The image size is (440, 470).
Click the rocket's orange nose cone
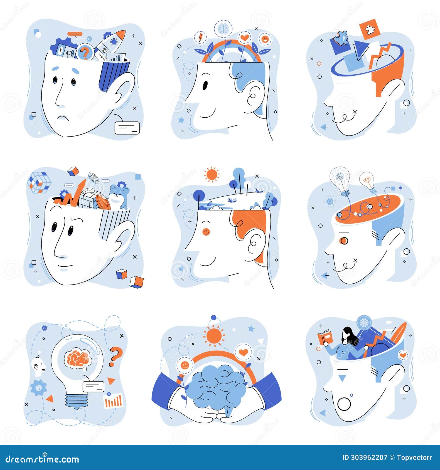click(121, 35)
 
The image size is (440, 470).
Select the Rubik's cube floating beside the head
click(39, 182)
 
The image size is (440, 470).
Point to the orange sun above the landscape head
click(212, 175)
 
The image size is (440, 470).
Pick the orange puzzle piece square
click(370, 29)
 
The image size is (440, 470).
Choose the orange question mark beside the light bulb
click(115, 357)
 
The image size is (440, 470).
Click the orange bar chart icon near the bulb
click(113, 401)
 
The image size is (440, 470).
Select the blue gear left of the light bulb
click(38, 388)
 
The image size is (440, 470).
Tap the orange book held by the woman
click(325, 338)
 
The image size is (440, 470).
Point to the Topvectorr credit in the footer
click(414, 457)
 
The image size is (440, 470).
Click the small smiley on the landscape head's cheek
click(206, 232)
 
